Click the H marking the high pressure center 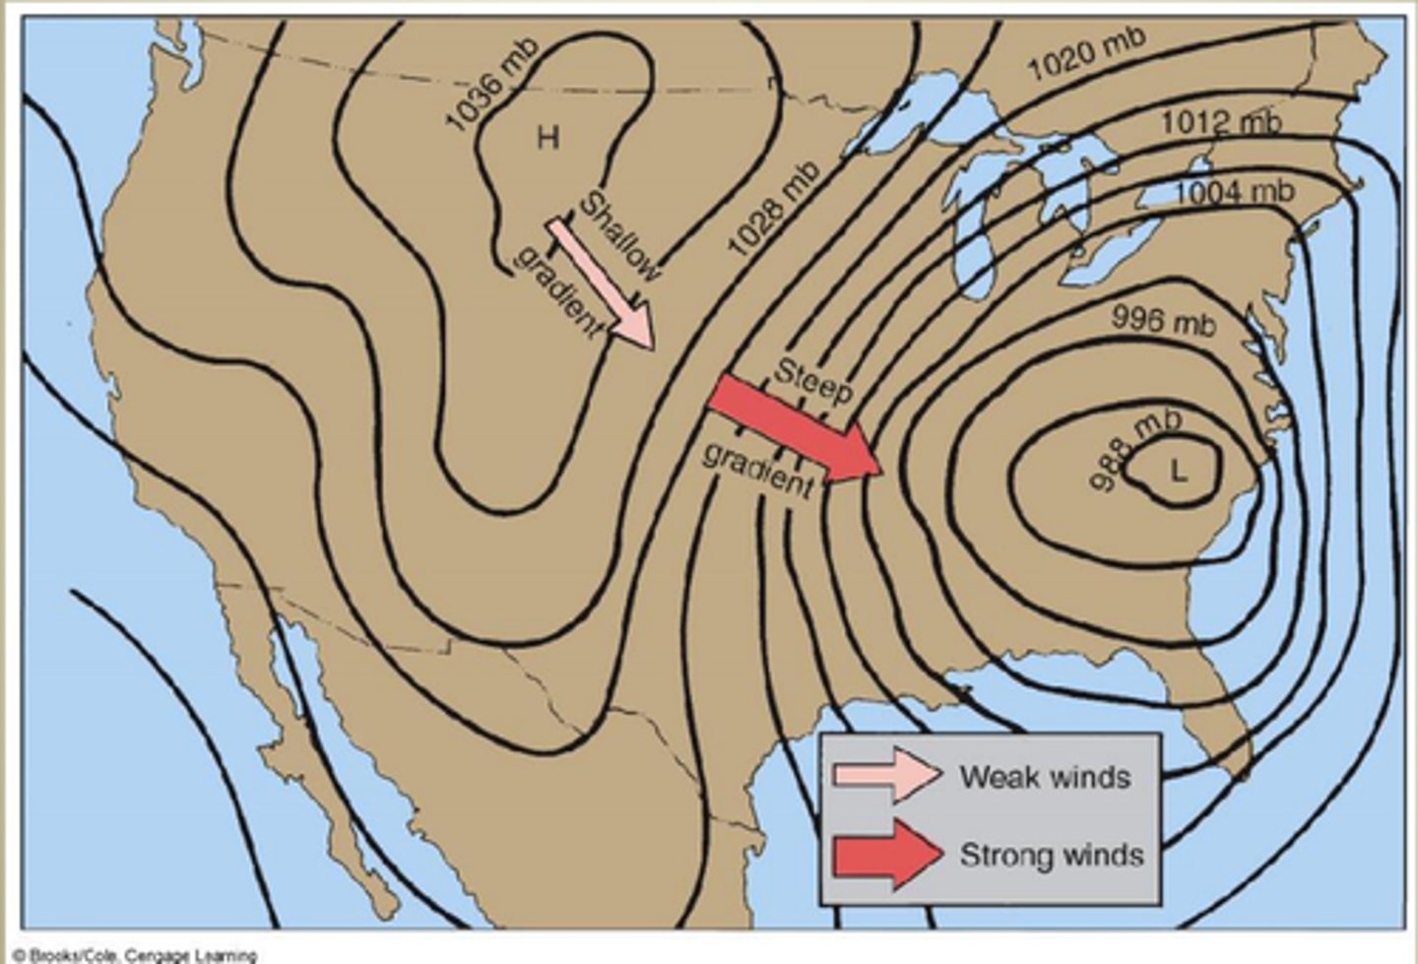(548, 137)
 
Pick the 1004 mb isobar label (1234, 191)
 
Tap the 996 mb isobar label (1163, 320)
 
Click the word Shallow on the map (618, 237)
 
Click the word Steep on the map (812, 381)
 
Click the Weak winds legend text (1045, 777)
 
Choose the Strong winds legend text (1052, 855)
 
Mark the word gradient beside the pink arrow (557, 291)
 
